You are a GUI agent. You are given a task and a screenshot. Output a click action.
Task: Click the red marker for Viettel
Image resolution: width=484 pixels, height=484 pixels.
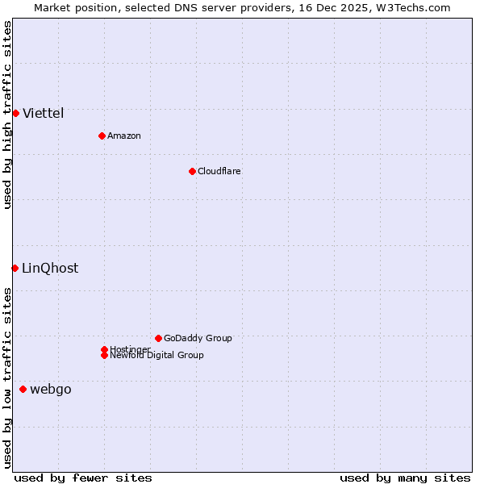(x=15, y=113)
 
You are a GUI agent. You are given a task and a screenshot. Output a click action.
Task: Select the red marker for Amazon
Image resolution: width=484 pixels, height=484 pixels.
(x=102, y=136)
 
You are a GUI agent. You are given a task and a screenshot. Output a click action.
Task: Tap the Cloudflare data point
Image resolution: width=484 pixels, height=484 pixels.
(x=192, y=171)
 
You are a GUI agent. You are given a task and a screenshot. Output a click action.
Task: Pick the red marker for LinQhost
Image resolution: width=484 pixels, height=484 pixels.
(x=15, y=268)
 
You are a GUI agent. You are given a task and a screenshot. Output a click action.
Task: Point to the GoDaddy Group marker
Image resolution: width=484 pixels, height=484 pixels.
(x=158, y=338)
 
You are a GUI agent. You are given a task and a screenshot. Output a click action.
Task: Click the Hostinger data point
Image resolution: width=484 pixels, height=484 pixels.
(x=104, y=349)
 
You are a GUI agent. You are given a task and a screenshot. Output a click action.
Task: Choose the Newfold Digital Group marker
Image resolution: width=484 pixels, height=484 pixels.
(x=104, y=355)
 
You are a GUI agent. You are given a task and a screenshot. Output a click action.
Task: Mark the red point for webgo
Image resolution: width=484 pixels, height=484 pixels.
(x=23, y=390)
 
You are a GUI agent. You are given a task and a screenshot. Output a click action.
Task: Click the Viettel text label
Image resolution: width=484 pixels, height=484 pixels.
(x=44, y=113)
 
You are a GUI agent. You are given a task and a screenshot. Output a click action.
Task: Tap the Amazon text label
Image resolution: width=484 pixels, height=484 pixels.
(x=124, y=136)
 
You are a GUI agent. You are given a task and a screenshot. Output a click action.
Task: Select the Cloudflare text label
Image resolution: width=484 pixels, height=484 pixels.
(x=219, y=171)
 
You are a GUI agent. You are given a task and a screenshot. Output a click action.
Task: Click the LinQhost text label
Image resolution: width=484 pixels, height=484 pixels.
(x=50, y=269)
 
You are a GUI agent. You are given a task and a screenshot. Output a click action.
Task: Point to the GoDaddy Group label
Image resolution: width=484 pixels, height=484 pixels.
(x=198, y=338)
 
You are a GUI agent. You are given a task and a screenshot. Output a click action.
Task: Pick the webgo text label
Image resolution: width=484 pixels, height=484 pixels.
(x=51, y=390)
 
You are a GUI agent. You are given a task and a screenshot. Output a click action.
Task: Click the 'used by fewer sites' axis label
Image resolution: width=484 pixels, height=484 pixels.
(x=83, y=478)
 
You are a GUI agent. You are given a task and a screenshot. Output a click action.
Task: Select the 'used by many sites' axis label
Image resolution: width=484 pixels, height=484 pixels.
(x=405, y=478)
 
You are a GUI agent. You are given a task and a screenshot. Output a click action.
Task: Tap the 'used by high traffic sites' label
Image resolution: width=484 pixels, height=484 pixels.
(x=7, y=115)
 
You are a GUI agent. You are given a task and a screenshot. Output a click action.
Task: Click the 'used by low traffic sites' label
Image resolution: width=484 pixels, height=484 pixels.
(x=7, y=378)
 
